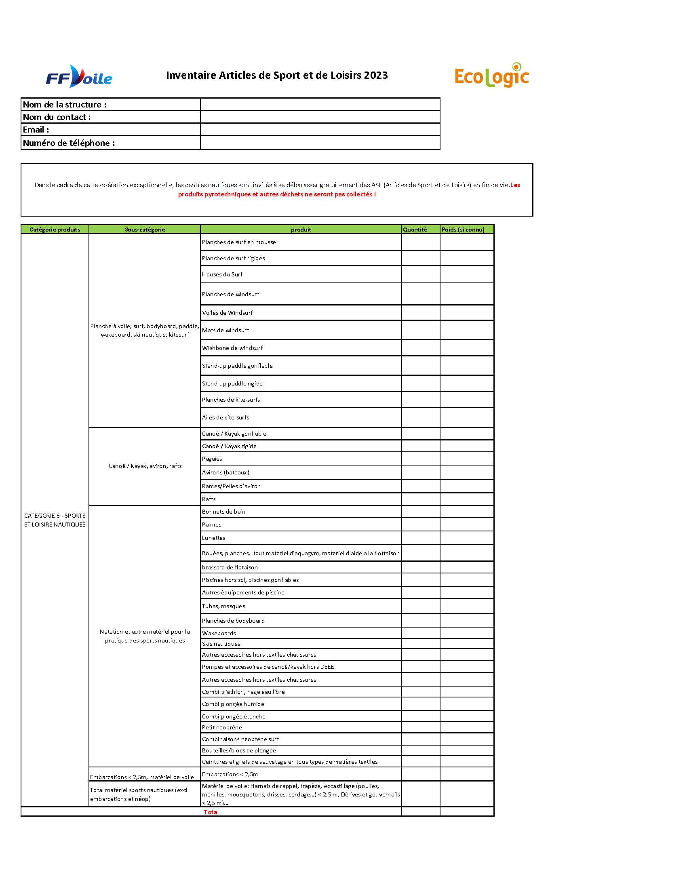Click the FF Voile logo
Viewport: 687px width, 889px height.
tap(79, 76)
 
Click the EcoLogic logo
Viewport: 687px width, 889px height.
tap(492, 75)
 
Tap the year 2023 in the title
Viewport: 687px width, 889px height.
tap(376, 75)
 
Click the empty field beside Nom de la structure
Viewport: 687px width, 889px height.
tap(320, 104)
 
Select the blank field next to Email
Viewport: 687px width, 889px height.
tap(320, 129)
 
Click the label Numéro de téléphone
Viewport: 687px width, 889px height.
tap(69, 143)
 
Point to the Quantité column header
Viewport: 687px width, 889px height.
tap(415, 230)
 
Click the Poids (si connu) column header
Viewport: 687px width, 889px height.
tap(463, 230)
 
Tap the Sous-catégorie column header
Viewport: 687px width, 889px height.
tap(145, 230)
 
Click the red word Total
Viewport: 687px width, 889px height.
tap(211, 812)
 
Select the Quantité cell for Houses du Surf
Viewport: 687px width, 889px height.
tap(420, 274)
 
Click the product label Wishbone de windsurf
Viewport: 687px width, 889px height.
tap(232, 348)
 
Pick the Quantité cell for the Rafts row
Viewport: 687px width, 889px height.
tap(420, 499)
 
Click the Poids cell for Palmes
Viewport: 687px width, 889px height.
tap(466, 525)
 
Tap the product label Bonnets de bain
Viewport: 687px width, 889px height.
tap(224, 512)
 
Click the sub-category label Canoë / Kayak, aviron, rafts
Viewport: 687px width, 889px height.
tap(145, 466)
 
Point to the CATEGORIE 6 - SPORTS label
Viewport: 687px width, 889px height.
tap(55, 516)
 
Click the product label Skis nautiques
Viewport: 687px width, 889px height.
tap(221, 644)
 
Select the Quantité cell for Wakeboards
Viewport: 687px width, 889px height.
tap(420, 633)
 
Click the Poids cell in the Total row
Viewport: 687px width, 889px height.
tap(466, 812)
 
